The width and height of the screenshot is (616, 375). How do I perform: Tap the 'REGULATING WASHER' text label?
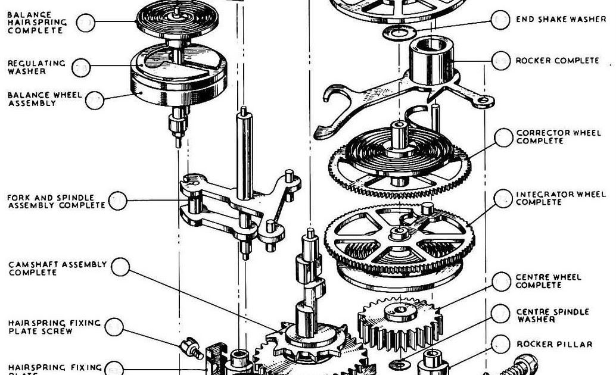36,67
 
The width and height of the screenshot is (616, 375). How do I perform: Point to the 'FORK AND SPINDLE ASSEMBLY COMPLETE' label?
56,201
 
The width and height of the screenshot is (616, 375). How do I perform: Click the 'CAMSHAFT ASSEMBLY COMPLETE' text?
57,268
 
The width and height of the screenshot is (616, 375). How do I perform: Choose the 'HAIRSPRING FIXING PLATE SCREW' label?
54,327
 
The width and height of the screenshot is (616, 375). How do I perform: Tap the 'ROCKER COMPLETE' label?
557,60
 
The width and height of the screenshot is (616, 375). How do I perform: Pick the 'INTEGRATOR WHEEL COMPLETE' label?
560,198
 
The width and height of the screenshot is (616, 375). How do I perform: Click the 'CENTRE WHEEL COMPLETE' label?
548,281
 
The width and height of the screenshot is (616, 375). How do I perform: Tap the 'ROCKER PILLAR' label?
554,344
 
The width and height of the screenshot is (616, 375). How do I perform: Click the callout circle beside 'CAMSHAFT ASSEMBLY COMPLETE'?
120,267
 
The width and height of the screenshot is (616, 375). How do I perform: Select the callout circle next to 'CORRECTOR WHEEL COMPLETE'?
503,137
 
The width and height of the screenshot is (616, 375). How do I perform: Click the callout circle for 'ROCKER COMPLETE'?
500,60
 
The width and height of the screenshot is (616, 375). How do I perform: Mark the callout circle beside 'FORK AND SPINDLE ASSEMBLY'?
118,201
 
